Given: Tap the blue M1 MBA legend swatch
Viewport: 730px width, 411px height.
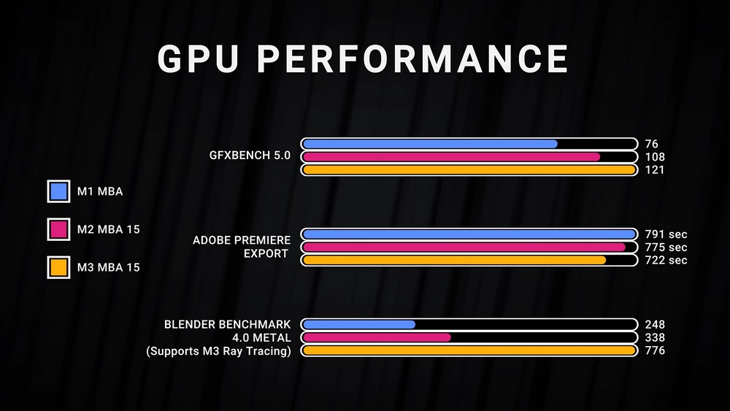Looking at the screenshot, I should coord(58,192).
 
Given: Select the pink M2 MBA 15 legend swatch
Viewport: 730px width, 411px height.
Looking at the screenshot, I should coord(58,229).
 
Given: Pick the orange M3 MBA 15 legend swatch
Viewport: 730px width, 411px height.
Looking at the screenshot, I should coord(58,267).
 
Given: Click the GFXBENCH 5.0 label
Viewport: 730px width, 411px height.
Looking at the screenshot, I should coord(250,155).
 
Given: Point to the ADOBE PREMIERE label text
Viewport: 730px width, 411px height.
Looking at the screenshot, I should coord(242,240).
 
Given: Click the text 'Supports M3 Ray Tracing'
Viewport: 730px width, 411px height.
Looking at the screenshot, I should coord(219,351).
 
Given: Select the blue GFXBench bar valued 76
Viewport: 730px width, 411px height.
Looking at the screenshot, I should coord(429,144).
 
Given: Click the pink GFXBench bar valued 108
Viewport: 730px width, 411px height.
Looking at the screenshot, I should coord(450,157).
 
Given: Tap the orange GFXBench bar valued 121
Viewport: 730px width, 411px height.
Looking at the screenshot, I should coord(468,170).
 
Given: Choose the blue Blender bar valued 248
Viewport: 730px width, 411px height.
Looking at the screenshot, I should coord(358,324).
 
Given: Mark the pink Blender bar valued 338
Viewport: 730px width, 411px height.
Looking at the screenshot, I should coord(376,337).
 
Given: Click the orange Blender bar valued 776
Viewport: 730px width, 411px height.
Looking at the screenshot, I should coord(468,351).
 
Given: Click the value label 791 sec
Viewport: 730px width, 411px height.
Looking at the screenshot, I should coord(666,234).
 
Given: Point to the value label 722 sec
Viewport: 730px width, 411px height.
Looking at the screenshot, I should coord(666,261).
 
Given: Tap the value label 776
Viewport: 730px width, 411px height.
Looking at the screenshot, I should coord(655,351).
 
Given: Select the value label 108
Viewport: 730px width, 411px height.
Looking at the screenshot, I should coord(655,157).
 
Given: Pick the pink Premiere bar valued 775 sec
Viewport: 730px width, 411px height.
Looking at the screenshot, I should coord(464,247).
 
